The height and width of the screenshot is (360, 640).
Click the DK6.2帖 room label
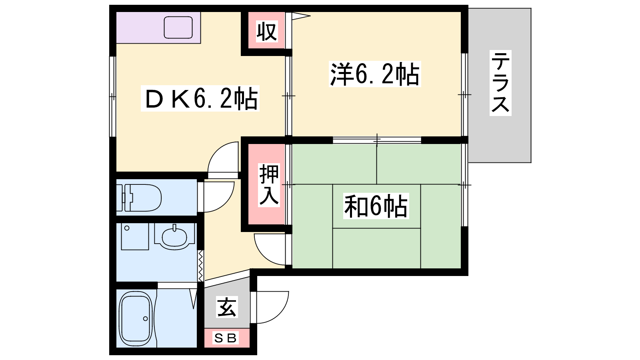[200, 98]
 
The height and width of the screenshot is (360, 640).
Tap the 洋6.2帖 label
[375, 74]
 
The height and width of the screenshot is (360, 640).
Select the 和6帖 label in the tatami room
[376, 206]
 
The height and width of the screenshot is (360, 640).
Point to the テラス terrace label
[500, 83]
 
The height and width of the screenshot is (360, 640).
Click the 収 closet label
[267, 32]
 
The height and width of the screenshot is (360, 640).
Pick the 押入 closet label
[269, 185]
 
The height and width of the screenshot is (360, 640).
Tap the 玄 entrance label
[227, 308]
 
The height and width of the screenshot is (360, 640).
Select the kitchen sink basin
[178, 28]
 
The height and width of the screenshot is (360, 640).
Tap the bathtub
[136, 318]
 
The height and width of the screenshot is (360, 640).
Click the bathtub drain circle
[146, 318]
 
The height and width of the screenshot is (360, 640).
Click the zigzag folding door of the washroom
[200, 266]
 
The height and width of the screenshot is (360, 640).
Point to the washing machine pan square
[135, 236]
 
